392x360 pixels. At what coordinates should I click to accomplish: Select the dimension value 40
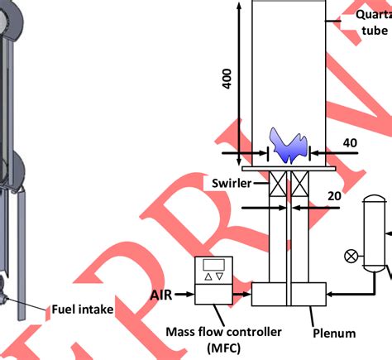pos(350,143)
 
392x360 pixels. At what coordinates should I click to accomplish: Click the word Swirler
pos(230,181)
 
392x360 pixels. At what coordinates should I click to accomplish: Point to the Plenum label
pos(334,334)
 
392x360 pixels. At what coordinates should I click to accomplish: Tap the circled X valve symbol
pos(351,257)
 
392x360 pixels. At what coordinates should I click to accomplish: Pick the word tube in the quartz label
pos(374,31)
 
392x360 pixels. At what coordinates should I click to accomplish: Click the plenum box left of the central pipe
pos(268,295)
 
